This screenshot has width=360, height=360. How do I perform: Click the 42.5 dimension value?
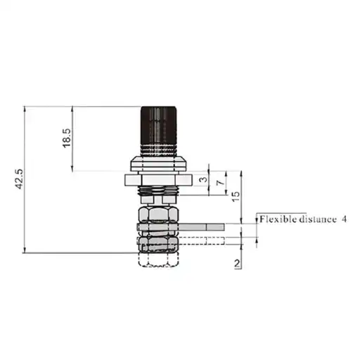20,179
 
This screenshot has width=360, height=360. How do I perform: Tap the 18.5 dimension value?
67,138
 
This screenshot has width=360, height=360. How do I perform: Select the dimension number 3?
204,179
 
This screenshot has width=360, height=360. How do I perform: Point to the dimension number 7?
220,182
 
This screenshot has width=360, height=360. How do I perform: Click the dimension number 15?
236,196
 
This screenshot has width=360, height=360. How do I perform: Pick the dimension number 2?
237,264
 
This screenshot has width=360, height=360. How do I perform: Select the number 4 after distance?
344,219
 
